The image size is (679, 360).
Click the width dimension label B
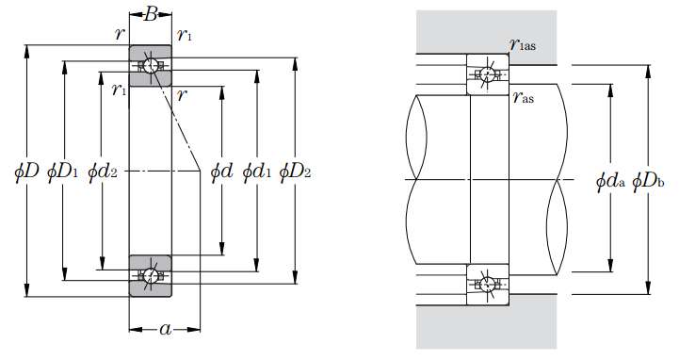point(151,15)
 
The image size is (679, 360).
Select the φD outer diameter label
point(26,172)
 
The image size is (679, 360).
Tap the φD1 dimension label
point(62,172)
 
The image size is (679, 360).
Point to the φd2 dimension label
point(103,172)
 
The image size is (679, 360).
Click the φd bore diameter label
point(221,172)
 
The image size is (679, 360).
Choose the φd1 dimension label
point(257,172)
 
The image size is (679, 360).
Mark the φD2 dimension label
point(295,172)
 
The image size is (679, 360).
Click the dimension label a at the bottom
point(166,329)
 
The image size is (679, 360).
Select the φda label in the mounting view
point(610,181)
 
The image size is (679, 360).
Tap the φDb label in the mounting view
point(648,181)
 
